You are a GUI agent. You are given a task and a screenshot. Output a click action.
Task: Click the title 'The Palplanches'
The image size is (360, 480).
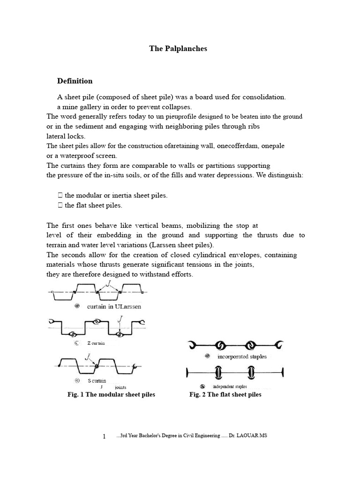click(178, 48)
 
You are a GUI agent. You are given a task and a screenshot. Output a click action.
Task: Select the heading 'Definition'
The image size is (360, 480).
click(75, 81)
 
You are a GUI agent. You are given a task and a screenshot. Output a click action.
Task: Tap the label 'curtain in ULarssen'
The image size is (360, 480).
click(114, 306)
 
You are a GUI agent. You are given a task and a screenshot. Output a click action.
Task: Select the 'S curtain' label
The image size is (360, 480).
click(97, 381)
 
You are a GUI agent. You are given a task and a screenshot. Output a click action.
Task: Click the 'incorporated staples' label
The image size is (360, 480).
click(242, 357)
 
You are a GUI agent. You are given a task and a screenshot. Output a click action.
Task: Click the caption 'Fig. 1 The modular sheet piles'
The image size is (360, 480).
click(111, 395)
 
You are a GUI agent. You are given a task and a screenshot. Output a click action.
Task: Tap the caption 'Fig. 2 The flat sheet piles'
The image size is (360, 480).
click(225, 395)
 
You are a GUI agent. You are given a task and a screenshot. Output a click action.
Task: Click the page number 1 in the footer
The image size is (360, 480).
click(104, 437)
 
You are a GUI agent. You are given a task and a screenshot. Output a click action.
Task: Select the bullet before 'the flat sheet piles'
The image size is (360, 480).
click(60, 205)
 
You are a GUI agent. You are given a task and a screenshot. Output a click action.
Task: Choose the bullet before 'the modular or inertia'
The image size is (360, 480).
click(60, 195)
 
